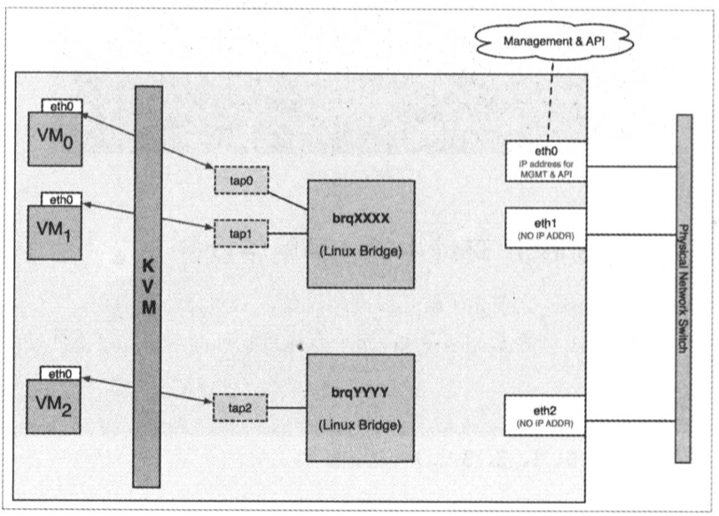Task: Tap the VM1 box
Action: (x=55, y=231)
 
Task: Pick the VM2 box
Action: (x=55, y=406)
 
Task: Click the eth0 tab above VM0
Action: (x=62, y=106)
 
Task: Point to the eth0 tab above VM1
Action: (x=62, y=199)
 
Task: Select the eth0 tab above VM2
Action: (x=62, y=373)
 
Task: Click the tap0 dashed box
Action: (x=241, y=180)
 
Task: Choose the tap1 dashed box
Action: (x=241, y=232)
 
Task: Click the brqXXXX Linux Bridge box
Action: (x=361, y=233)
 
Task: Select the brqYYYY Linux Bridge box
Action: (x=361, y=407)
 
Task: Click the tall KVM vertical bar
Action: (x=148, y=285)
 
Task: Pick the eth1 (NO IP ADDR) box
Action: (x=545, y=228)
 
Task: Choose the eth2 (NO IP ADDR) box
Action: (x=545, y=414)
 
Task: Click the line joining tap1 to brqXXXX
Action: (x=287, y=233)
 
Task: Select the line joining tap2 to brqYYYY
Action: (x=287, y=409)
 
